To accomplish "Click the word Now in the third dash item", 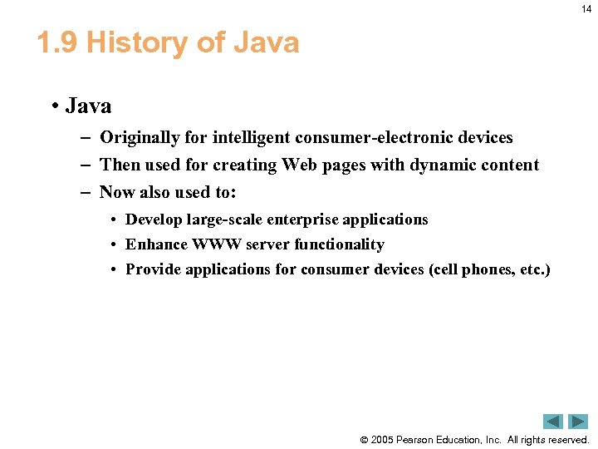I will tap(117, 193).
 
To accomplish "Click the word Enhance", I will tap(156, 244).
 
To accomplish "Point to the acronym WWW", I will tap(218, 244).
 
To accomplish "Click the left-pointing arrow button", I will tap(552, 422).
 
